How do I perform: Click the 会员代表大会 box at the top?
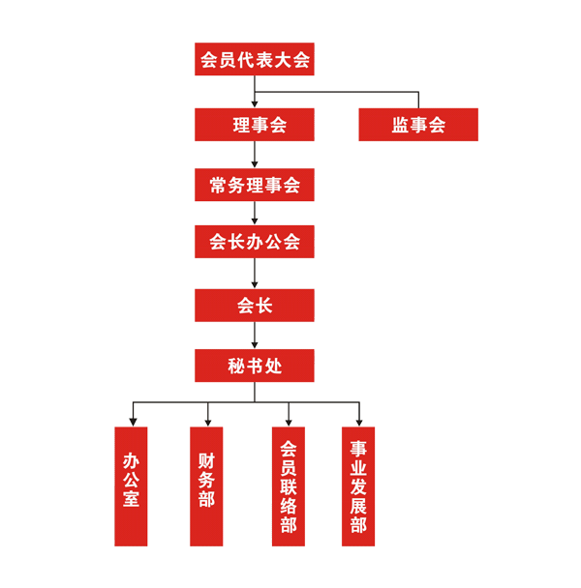point(254,60)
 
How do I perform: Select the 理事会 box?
point(254,124)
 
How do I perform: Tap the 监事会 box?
point(418,124)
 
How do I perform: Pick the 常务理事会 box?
point(254,184)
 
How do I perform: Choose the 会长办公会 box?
point(254,242)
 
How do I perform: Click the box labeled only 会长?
point(254,305)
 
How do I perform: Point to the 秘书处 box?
point(254,365)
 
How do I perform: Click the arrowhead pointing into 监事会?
point(418,102)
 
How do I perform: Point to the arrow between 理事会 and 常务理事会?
point(254,155)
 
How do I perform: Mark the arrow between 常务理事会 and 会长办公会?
point(254,214)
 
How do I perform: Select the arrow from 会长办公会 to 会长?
point(254,275)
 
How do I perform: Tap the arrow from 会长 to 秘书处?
point(254,335)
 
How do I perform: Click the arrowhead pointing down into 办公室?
point(131,420)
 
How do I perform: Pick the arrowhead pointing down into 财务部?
point(205,420)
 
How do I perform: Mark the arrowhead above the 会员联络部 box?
point(288,420)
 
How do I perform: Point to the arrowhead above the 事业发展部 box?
point(358,420)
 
